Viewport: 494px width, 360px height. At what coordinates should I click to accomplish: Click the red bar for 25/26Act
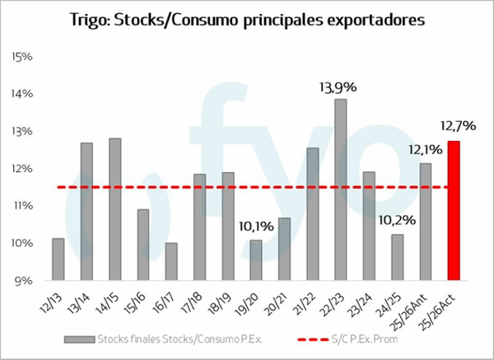(453, 210)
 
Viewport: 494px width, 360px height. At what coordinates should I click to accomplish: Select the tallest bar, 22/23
(340, 189)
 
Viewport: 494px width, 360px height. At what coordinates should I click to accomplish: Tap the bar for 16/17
(170, 261)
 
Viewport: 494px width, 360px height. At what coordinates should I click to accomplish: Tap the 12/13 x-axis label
(54, 300)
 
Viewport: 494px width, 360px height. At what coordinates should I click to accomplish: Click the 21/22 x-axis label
(306, 300)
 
